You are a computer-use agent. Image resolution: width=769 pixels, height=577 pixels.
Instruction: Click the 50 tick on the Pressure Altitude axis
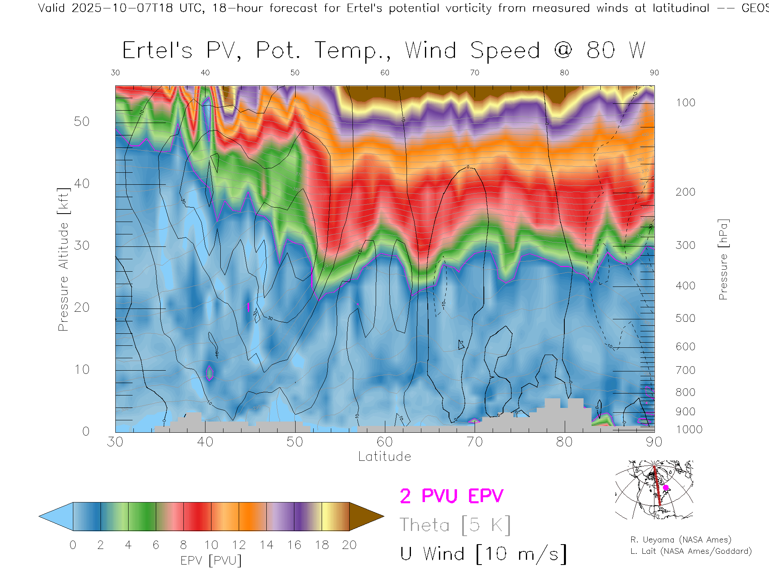(x=81, y=121)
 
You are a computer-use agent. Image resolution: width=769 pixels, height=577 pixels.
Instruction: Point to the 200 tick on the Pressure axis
(x=685, y=192)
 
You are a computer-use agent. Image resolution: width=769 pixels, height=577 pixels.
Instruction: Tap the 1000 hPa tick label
(x=689, y=430)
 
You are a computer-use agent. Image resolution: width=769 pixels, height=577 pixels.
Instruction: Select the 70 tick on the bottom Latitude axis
(x=475, y=442)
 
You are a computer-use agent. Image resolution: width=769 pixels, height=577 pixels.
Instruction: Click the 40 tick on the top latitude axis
(x=205, y=73)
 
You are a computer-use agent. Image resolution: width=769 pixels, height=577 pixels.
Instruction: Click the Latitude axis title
(x=384, y=456)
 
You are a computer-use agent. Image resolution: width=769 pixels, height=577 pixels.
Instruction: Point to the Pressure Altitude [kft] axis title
(x=63, y=259)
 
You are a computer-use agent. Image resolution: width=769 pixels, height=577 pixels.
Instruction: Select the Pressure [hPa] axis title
(x=723, y=259)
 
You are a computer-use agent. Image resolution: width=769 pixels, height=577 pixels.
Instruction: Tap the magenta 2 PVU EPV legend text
(x=451, y=496)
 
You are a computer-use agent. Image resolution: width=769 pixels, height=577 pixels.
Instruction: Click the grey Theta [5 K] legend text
(x=455, y=525)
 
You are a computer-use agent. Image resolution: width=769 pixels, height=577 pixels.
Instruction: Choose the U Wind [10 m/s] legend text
(x=483, y=554)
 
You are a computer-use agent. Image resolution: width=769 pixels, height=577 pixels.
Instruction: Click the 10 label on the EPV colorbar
(x=211, y=545)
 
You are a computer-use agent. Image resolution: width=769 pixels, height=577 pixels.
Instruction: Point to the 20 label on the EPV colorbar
(x=349, y=545)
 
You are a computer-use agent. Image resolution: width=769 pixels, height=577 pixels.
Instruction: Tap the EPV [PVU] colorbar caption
(x=211, y=560)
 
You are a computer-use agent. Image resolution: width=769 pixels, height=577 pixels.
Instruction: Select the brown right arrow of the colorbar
(x=365, y=516)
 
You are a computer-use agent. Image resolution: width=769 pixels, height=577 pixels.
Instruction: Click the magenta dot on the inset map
(x=666, y=488)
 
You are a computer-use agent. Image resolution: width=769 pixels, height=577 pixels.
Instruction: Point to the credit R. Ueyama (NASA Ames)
(x=681, y=540)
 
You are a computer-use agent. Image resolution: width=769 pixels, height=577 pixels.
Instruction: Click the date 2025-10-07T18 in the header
(x=122, y=8)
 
